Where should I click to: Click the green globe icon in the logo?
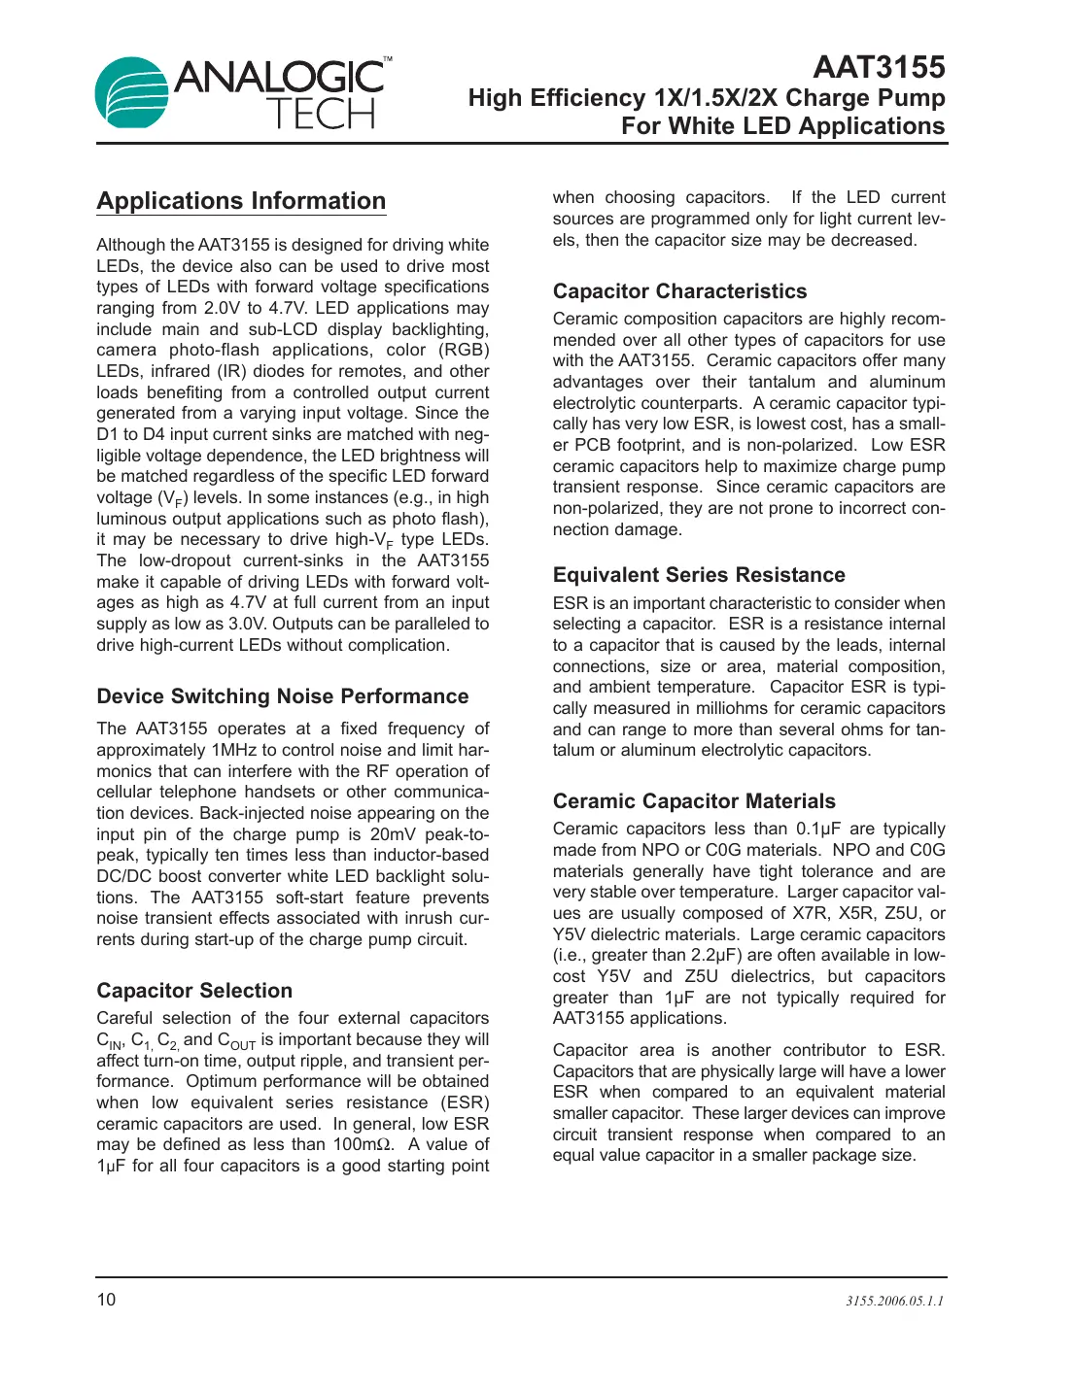click(131, 92)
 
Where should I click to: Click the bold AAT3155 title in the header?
click(879, 67)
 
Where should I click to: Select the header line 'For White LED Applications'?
click(782, 126)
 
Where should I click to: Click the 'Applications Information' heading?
click(241, 201)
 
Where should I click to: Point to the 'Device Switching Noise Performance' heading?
click(282, 696)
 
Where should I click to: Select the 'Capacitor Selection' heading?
click(194, 991)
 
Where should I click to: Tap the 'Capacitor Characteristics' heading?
click(679, 291)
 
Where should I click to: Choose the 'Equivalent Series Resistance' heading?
click(699, 575)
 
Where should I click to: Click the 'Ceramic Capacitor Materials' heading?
click(694, 801)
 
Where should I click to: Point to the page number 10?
click(106, 1300)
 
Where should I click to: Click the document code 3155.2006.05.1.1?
click(894, 1302)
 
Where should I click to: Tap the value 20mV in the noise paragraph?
click(396, 834)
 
